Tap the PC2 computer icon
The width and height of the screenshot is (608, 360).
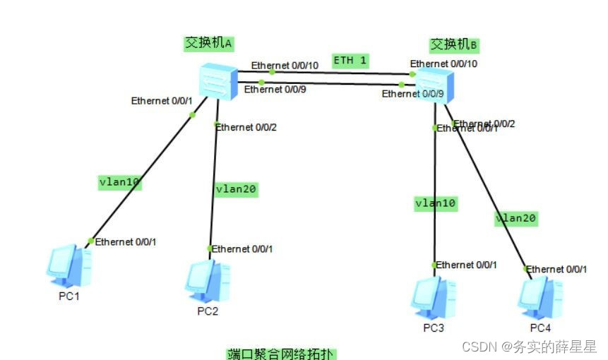click(x=208, y=281)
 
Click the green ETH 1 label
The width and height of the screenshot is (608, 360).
click(x=350, y=61)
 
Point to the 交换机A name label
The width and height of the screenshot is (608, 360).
click(x=209, y=43)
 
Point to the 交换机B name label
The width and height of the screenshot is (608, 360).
click(x=454, y=44)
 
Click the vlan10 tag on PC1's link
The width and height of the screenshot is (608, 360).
click(x=119, y=182)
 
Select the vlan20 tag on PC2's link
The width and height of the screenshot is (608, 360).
click(x=236, y=189)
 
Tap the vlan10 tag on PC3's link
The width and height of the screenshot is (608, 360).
click(x=436, y=203)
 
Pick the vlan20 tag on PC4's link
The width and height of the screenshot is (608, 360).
click(x=515, y=218)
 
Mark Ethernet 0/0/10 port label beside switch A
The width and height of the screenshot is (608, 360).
click(x=285, y=65)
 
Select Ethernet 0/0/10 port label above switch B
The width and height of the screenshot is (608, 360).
click(x=443, y=64)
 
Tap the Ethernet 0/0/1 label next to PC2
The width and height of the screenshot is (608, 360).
click(x=242, y=248)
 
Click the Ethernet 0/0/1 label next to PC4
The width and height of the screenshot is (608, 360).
click(x=556, y=269)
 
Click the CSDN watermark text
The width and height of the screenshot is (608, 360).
click(x=529, y=347)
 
